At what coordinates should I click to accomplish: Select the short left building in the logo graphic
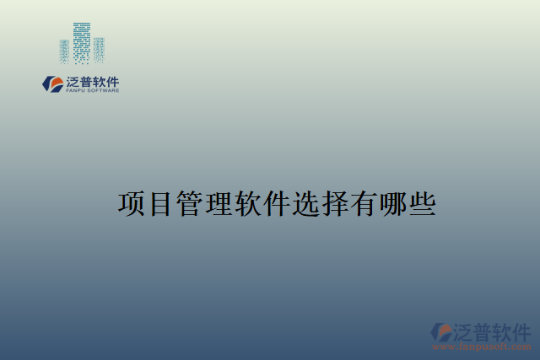(x=65, y=51)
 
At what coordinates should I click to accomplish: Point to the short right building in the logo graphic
(x=99, y=50)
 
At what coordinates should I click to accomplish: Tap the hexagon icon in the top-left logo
(x=53, y=83)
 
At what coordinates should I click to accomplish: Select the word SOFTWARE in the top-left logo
(x=102, y=90)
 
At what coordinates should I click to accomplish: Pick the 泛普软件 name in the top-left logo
(x=93, y=81)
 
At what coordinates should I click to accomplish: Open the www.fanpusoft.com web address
(x=482, y=347)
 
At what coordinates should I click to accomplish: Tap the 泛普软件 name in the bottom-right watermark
(x=493, y=330)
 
